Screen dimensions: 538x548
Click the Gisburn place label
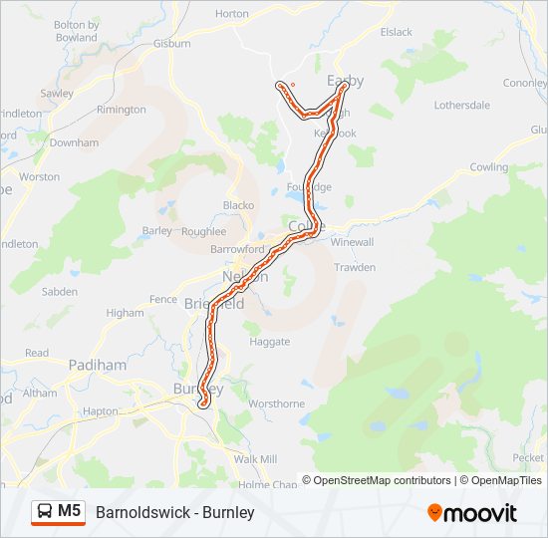tap(171, 45)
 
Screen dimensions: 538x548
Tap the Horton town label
tap(231, 14)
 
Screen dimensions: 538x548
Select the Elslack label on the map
tap(396, 32)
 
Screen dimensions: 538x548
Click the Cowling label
tap(488, 167)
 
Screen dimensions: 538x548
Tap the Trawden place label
tap(355, 267)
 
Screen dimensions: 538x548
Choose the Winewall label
tap(352, 242)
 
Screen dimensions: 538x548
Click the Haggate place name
tap(269, 341)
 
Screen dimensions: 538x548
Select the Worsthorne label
tap(276, 403)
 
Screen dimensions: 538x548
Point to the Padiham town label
tap(98, 366)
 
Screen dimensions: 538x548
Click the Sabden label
tap(59, 292)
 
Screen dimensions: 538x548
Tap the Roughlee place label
tap(203, 231)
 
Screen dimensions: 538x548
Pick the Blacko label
tap(238, 205)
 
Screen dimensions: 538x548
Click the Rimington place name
tap(122, 110)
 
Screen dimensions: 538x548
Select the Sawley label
tap(57, 94)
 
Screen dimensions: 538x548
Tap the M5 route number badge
tap(70, 511)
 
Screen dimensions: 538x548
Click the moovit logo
tap(472, 513)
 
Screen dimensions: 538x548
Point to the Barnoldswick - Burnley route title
tap(175, 512)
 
